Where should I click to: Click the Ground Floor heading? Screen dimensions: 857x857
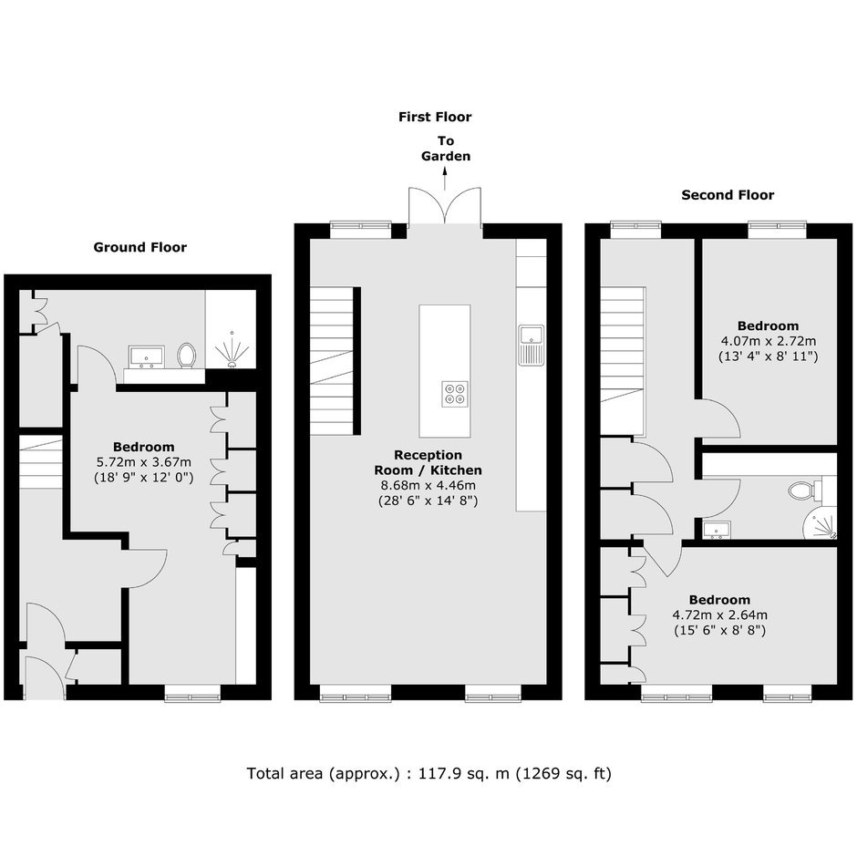click(x=139, y=248)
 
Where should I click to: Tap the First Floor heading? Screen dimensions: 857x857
click(x=435, y=117)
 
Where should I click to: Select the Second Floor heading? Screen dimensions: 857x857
click(x=728, y=195)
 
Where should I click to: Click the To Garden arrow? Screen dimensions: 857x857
click(x=445, y=178)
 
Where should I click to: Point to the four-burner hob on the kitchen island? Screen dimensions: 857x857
click(x=455, y=393)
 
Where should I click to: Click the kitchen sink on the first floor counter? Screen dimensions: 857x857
click(x=532, y=345)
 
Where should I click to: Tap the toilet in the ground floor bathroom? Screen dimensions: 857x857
click(x=187, y=356)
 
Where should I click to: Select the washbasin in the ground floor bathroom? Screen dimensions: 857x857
click(x=147, y=356)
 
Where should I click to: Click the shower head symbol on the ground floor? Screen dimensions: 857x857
click(x=232, y=350)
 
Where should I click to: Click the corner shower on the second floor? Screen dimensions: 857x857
click(x=820, y=522)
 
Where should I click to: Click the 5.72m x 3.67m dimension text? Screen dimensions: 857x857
click(x=144, y=462)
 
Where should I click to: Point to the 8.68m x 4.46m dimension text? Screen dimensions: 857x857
click(x=428, y=485)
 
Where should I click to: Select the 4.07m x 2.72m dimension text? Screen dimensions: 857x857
click(x=768, y=342)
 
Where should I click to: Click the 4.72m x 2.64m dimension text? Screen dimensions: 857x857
click(x=719, y=614)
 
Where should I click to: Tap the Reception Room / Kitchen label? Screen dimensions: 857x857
click(x=428, y=462)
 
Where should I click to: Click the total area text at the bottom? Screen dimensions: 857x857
click(x=429, y=774)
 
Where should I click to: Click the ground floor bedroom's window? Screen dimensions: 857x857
click(x=192, y=693)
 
